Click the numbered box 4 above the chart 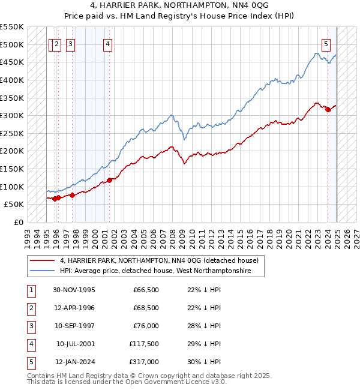(107, 43)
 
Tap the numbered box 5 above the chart (326, 43)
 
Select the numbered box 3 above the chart (71, 43)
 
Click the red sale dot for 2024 (328, 109)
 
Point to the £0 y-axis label (18, 222)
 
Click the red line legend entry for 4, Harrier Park (159, 260)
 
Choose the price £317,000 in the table (144, 362)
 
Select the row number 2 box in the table (30, 308)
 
